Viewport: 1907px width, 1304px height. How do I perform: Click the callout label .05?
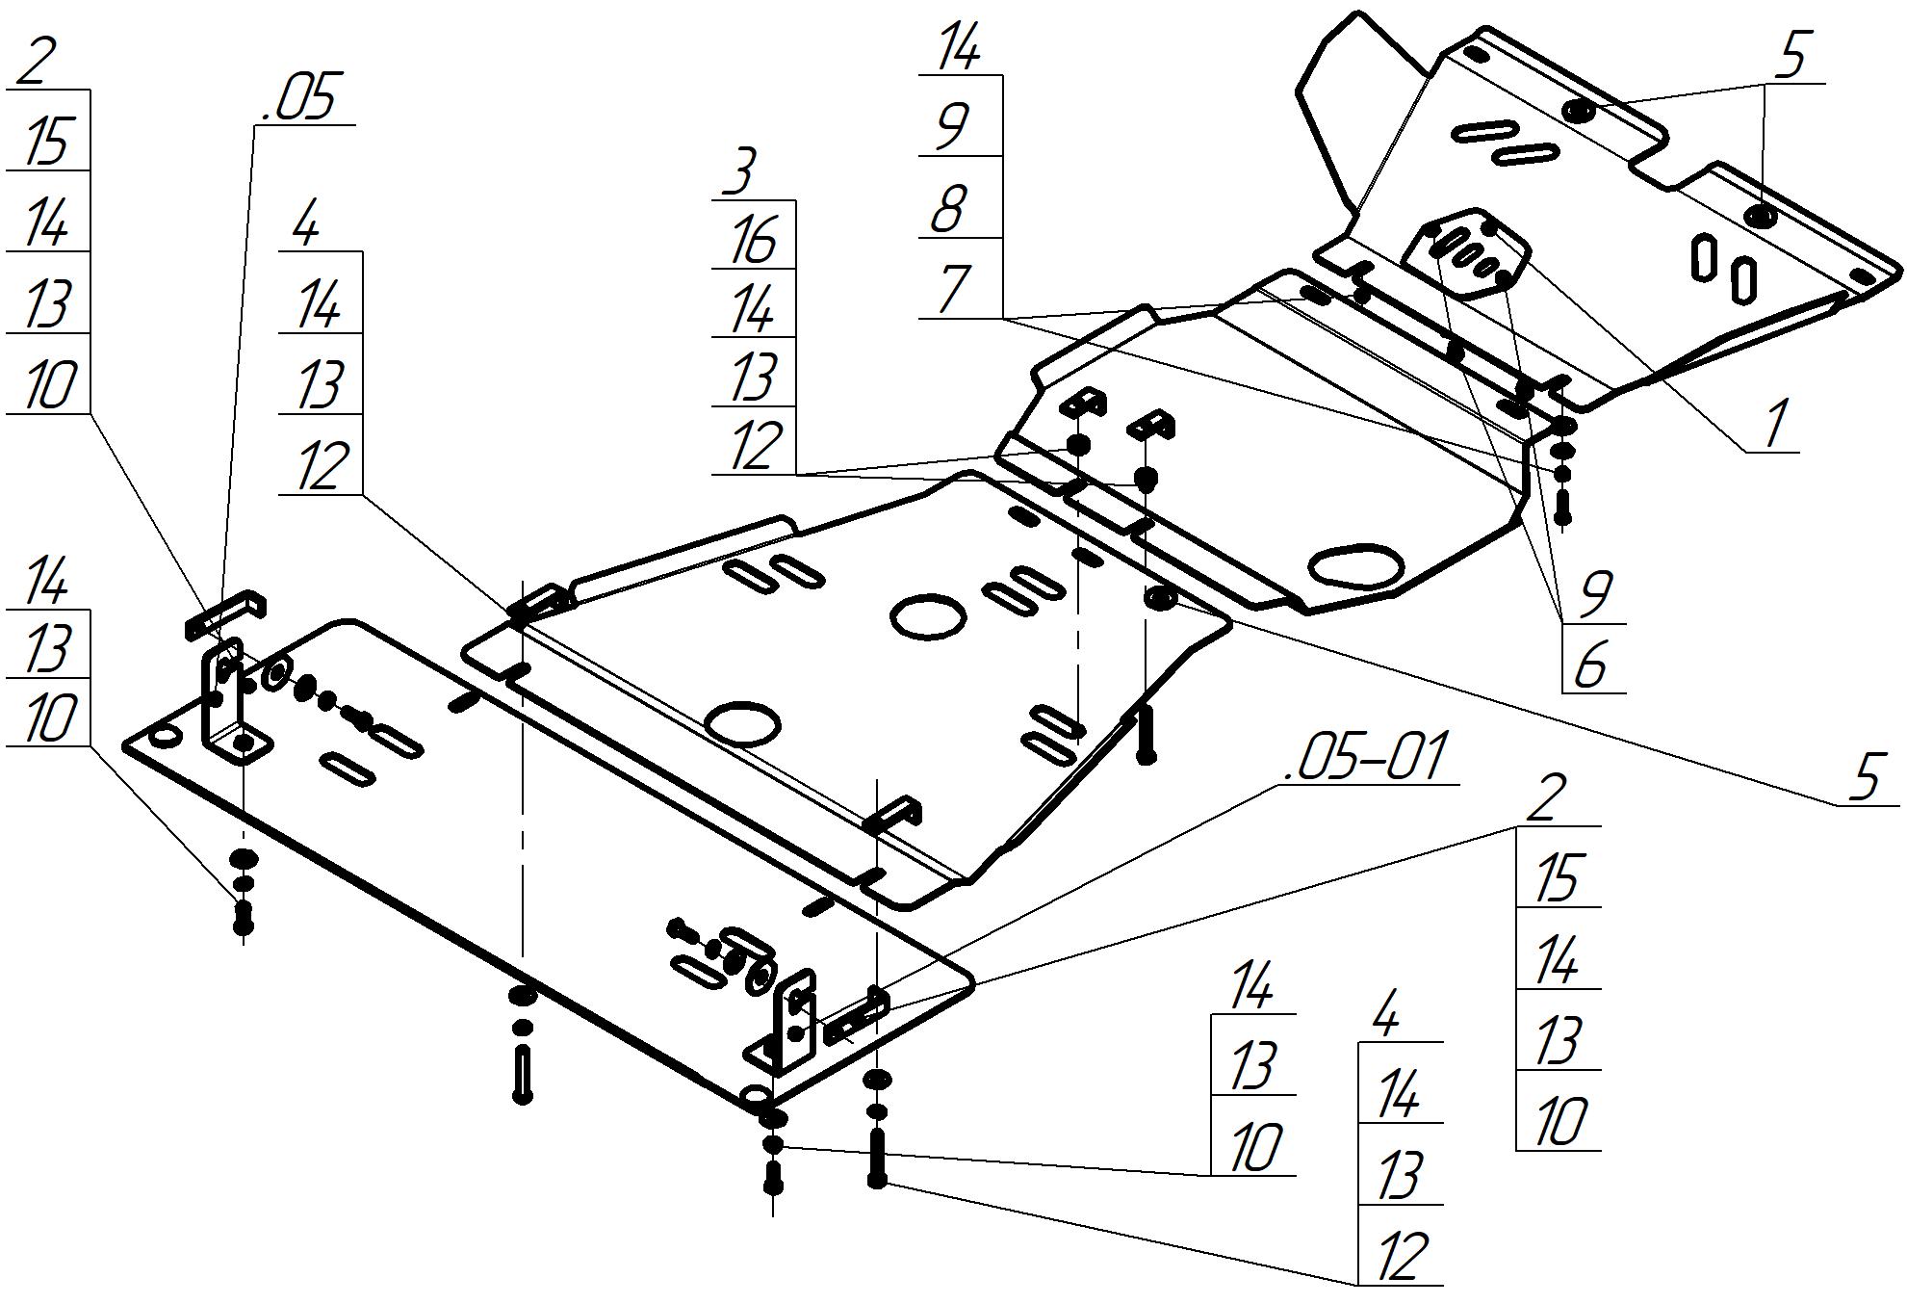coord(300,99)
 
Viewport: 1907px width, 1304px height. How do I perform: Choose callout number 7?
coord(952,290)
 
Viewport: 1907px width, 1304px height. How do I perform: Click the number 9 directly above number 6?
coord(1595,593)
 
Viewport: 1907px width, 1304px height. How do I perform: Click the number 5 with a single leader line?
coord(1866,777)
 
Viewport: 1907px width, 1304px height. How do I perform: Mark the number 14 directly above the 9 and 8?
coord(957,48)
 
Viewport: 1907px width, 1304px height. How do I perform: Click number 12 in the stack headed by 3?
coord(753,447)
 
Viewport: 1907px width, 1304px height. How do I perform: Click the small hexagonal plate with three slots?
coord(1464,253)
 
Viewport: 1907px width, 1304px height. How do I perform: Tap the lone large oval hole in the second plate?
coord(1357,568)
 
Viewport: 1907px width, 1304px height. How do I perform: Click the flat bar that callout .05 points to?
coord(225,615)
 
